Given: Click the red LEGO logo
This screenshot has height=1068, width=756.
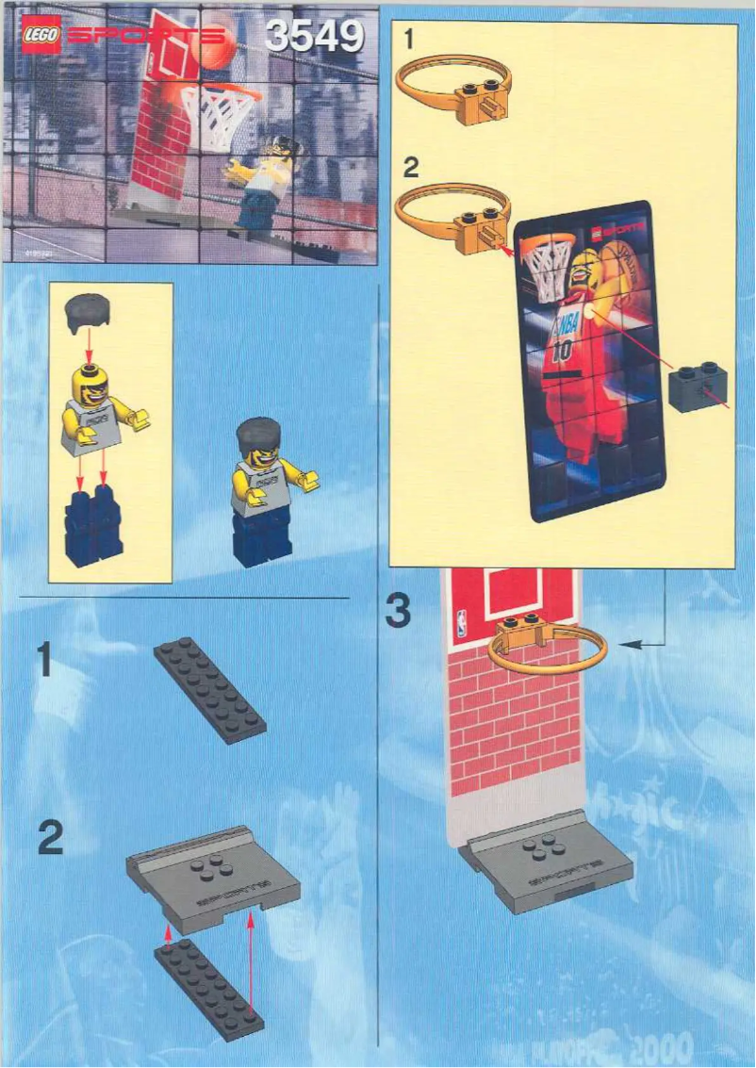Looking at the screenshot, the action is click(41, 36).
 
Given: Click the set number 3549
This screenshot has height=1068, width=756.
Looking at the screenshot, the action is click(314, 37).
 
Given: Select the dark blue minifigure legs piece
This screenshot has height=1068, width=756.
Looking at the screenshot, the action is click(94, 532).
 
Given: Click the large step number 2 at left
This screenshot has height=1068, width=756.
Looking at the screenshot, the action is click(51, 838).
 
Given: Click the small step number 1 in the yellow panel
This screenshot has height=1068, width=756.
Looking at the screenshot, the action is click(407, 40).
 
